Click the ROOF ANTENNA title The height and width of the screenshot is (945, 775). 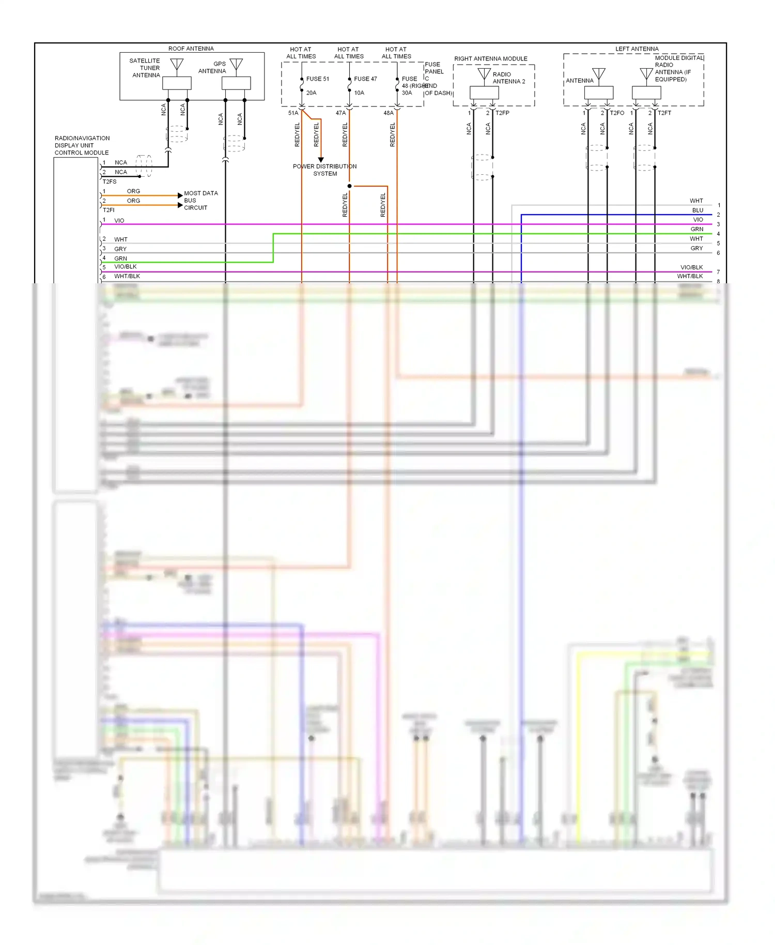coord(191,49)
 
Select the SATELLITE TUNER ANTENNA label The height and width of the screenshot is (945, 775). coord(145,68)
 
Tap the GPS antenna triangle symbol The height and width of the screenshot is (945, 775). coord(236,64)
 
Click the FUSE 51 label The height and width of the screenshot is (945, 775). coord(317,79)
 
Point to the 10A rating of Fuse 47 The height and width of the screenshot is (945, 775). coord(359,93)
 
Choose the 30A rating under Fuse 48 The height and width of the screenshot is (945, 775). coord(407,93)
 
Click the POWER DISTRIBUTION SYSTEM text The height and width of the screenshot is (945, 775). coord(324,170)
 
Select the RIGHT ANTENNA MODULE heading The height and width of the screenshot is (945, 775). coord(490,58)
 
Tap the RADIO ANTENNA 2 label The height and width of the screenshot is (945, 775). coord(508,78)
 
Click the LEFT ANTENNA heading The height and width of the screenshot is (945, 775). coord(637,49)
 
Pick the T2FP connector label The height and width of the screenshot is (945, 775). coord(502,113)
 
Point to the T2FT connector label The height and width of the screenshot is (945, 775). coord(664,113)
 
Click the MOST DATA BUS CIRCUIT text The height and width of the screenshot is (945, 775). coord(200,201)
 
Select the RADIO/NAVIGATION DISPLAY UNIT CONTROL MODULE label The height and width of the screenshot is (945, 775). coord(82,145)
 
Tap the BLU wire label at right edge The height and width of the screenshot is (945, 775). coord(698,210)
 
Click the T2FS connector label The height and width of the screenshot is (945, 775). coord(109,182)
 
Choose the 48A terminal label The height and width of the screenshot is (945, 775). coord(389,113)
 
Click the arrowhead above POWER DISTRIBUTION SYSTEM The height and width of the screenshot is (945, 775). coord(321,160)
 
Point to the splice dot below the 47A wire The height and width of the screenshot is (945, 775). coord(349,186)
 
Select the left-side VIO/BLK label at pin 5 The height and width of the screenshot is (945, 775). coord(125,267)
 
